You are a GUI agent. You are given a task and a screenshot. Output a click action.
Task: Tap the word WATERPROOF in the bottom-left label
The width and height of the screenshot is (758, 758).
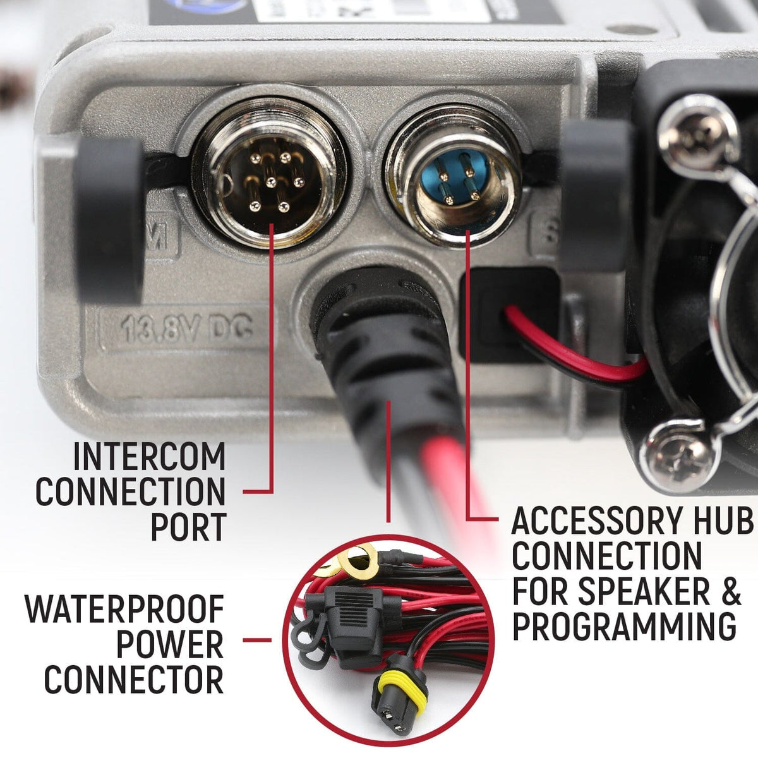click(125, 609)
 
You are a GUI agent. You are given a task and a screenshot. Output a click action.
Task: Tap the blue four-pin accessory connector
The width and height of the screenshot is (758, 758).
click(451, 179)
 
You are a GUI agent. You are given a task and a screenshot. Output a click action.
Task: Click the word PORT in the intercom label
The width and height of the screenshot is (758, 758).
click(188, 526)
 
